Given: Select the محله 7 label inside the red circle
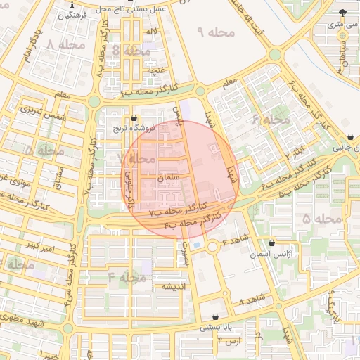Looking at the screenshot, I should point(138,159).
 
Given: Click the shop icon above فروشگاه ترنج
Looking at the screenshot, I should point(134,117).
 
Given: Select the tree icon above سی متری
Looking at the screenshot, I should point(342,13).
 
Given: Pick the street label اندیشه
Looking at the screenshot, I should point(173,287).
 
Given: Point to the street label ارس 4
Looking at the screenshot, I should point(229,342).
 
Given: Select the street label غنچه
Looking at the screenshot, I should point(156,70).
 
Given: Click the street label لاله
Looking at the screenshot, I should point(152,32).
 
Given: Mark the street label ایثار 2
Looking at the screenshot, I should point(299,148).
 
